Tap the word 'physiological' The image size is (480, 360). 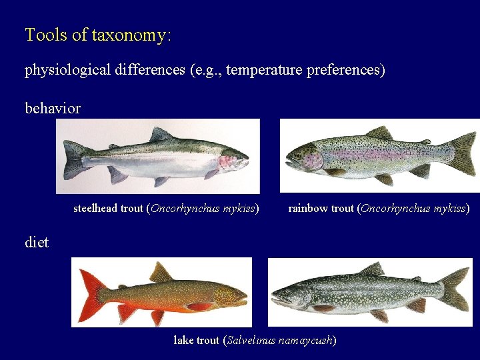[66, 70]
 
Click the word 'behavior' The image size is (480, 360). [53, 108]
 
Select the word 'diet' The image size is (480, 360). [37, 243]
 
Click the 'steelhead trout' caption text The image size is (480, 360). [108, 209]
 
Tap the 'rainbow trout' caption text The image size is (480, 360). [321, 209]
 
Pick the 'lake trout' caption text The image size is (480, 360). [196, 341]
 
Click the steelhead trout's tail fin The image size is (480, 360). [73, 160]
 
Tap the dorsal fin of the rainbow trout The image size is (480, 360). [379, 133]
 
